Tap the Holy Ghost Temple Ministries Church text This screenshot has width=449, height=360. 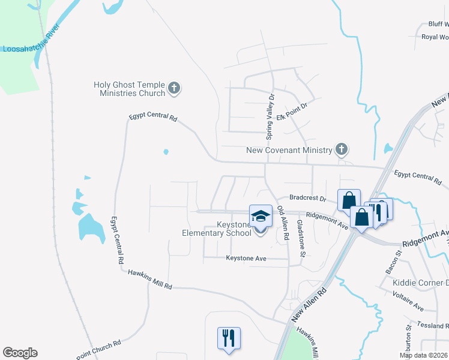coord(129,89)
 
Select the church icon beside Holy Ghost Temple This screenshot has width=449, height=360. coord(174,89)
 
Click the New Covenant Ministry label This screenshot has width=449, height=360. coord(289,150)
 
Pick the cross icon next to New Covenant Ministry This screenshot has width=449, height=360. coord(341,149)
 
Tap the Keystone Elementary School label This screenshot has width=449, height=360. coord(217,229)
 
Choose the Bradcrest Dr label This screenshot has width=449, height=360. coord(307,197)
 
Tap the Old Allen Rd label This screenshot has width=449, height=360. coord(281,224)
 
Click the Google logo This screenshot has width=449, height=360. coord(20,353)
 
